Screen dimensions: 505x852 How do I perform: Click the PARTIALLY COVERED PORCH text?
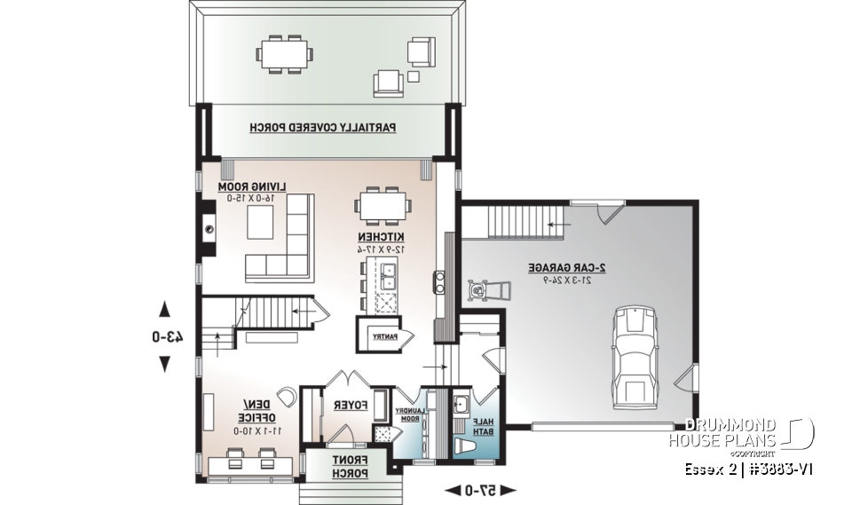point(323,127)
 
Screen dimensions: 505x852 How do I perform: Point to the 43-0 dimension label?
point(166,337)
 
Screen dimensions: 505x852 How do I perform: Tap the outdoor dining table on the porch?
point(285,54)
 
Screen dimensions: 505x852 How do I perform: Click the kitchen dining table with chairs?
point(384,205)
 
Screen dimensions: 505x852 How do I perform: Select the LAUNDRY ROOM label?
point(413,417)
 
